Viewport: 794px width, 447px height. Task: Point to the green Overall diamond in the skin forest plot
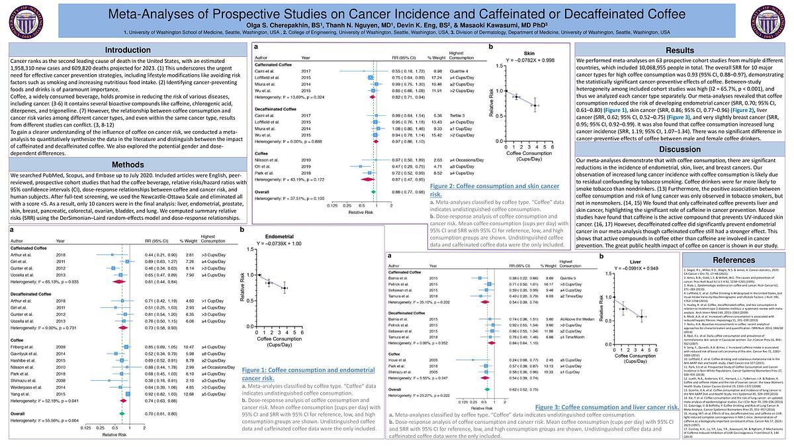(374, 191)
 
